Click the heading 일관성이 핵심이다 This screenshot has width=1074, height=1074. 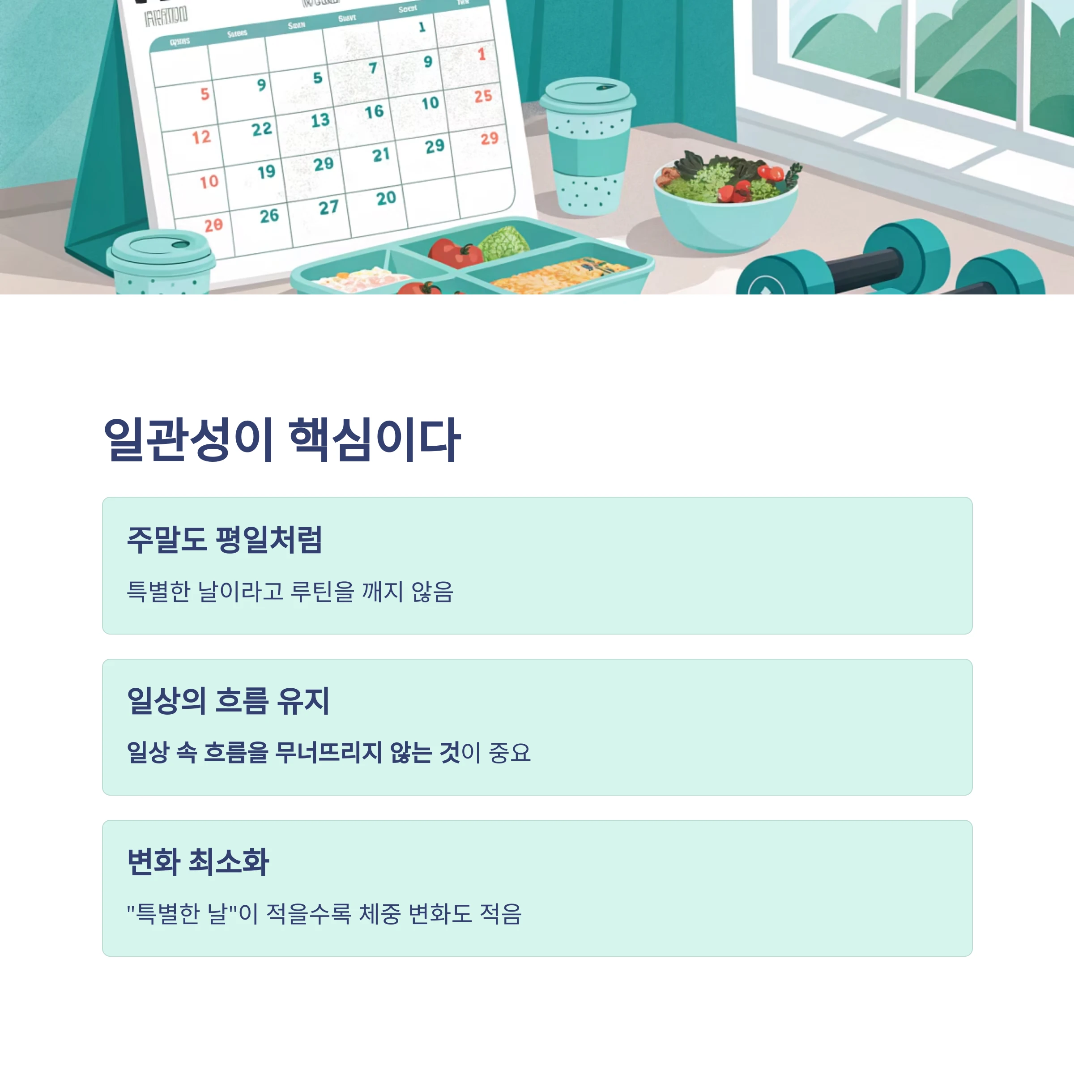point(282,440)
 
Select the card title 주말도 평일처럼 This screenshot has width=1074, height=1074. point(225,539)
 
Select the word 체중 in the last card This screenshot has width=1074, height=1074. point(379,913)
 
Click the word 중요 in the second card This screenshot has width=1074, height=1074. point(510,753)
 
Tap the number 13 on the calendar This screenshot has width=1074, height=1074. point(320,120)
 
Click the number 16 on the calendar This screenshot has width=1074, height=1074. point(374,112)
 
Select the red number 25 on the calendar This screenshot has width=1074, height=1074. point(483,96)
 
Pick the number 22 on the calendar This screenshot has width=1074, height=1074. point(262,129)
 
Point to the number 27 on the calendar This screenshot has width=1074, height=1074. point(328,207)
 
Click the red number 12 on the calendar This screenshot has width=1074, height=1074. point(201,137)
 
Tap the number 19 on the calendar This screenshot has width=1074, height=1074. point(266,171)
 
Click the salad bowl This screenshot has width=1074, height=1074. point(725,206)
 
